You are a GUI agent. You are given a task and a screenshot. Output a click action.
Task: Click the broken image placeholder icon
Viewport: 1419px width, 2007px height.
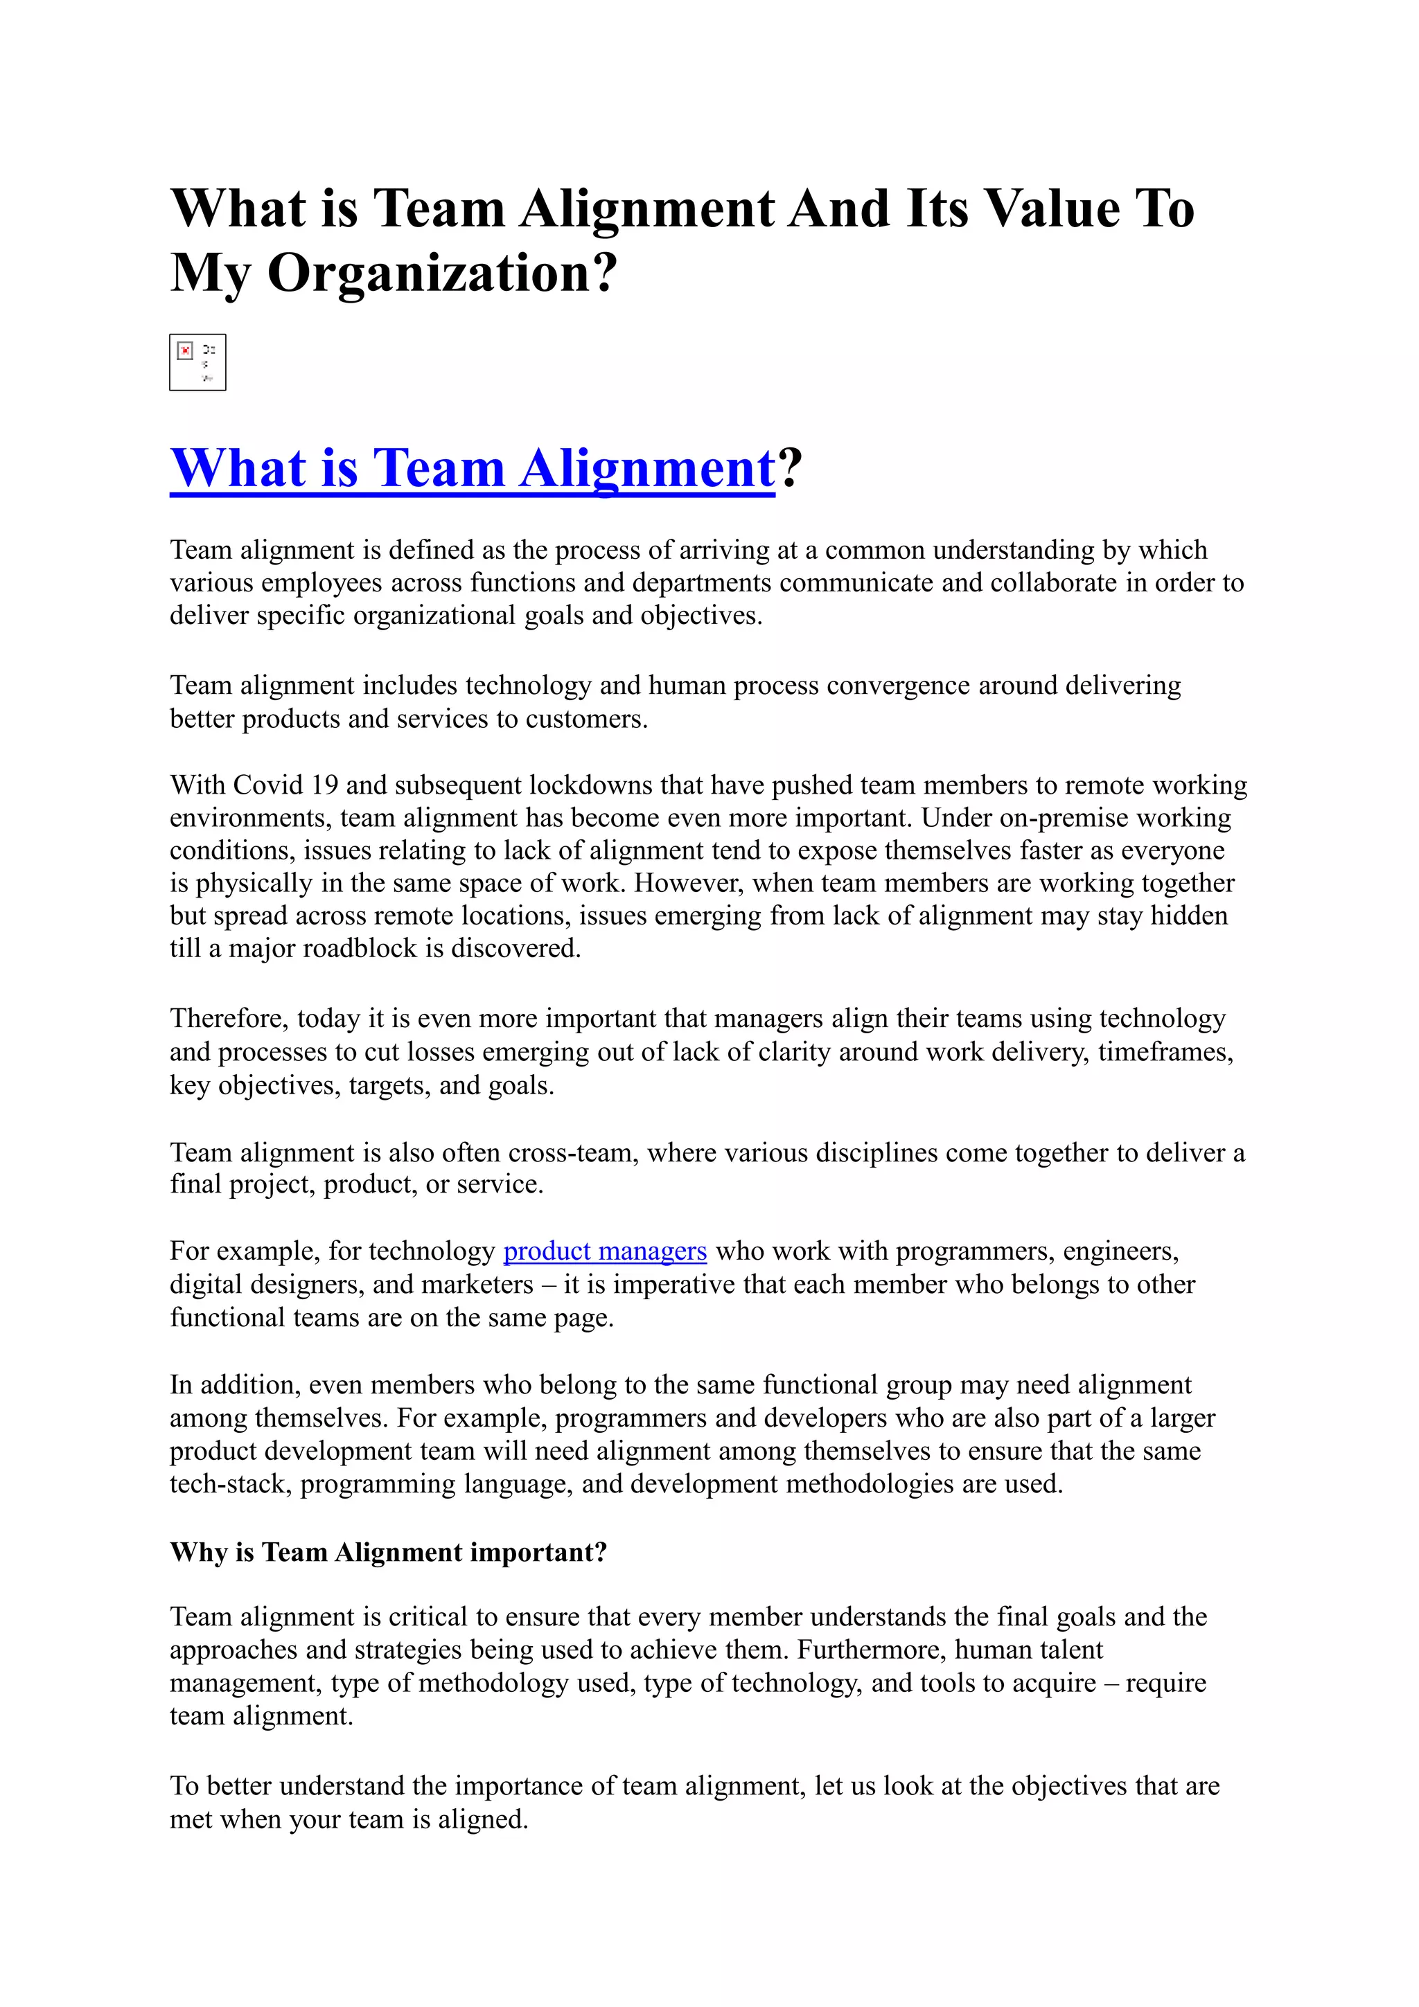(x=197, y=362)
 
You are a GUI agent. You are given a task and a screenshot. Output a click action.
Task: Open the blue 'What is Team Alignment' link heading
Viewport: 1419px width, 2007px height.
(x=472, y=469)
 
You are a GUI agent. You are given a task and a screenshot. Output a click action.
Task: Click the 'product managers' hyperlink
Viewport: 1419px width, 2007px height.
(x=604, y=1251)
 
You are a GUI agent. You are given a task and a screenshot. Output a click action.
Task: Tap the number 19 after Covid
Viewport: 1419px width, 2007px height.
(x=324, y=785)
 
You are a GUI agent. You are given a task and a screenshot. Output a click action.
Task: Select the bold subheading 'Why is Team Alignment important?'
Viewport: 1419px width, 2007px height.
(x=388, y=1553)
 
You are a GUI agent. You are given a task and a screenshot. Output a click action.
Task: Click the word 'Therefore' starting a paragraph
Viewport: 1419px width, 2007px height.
(x=228, y=1018)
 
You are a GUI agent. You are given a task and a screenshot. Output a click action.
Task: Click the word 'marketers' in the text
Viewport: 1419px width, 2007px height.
(x=487, y=1285)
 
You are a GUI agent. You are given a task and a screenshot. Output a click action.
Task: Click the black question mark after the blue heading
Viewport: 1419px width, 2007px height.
(x=789, y=469)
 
